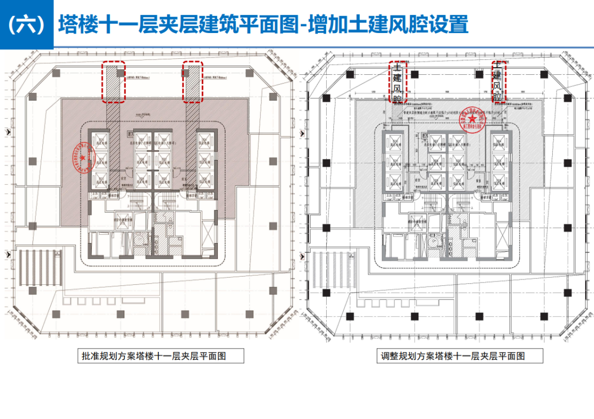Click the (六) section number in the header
[x=26, y=25]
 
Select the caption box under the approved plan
[x=153, y=356]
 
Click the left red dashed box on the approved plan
[x=113, y=81]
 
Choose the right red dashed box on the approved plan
[x=193, y=81]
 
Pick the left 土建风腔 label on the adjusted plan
[x=397, y=82]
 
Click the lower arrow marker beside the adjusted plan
[x=301, y=253]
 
